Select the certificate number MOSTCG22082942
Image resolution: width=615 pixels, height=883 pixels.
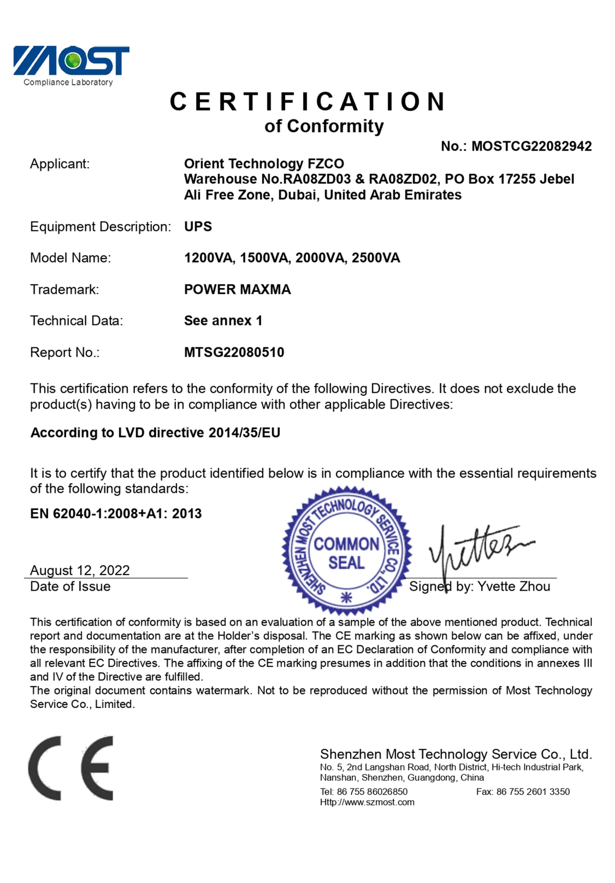click(x=531, y=146)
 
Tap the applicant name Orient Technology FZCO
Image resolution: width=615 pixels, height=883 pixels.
click(x=264, y=164)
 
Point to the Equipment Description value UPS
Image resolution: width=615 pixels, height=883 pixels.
click(x=198, y=227)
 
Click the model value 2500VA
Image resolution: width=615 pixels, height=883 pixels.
click(x=375, y=258)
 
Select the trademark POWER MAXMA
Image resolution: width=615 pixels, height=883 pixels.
click(x=237, y=289)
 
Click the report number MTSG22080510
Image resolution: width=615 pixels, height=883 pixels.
click(x=234, y=352)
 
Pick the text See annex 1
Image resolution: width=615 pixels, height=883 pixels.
click(x=223, y=320)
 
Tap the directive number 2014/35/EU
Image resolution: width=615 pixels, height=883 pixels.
click(x=244, y=433)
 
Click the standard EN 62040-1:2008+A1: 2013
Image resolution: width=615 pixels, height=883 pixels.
click(x=116, y=514)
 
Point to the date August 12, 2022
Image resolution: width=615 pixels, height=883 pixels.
click(x=80, y=570)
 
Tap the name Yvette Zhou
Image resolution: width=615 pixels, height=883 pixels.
click(x=514, y=586)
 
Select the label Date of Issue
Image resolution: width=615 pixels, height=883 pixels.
click(x=70, y=586)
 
